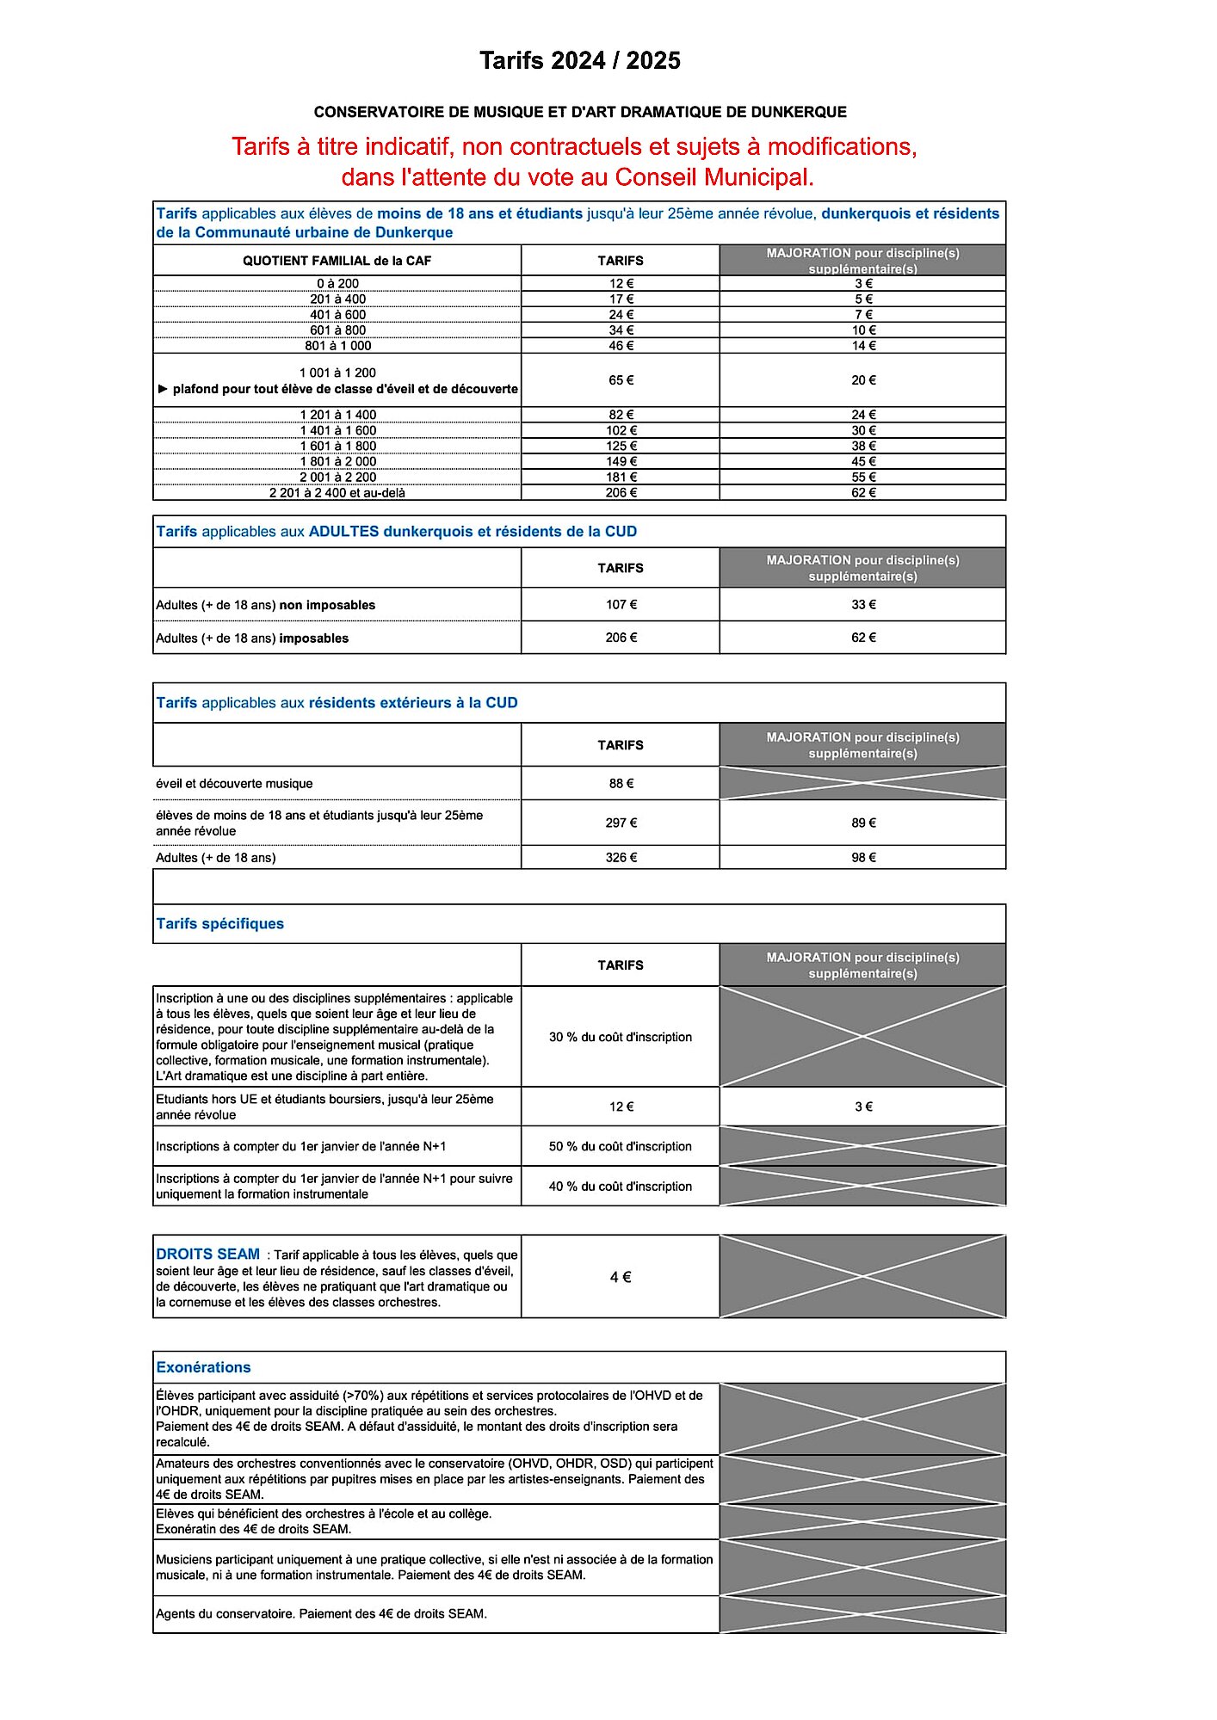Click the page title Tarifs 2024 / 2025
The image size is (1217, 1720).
[x=579, y=60]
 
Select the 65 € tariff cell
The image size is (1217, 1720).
[x=621, y=380]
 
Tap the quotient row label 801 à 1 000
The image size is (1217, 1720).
[x=337, y=346]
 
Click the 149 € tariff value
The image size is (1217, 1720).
[x=621, y=462]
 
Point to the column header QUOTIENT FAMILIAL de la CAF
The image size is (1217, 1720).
[x=337, y=261]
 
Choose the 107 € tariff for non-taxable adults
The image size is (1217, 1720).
[x=621, y=605]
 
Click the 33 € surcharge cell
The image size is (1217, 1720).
[x=863, y=605]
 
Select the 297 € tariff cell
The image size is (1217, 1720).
[x=621, y=823]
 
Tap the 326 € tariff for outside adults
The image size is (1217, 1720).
[x=621, y=858]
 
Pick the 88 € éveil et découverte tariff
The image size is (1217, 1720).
[x=621, y=784]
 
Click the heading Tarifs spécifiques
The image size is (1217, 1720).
[x=219, y=924]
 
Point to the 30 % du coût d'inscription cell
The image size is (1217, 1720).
[x=621, y=1037]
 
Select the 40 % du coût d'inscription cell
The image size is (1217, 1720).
[x=621, y=1187]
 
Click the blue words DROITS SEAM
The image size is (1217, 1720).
[x=207, y=1255]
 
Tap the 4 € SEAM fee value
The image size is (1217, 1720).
[x=621, y=1277]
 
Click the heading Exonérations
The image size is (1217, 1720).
[x=203, y=1367]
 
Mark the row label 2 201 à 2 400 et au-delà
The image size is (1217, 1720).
[x=337, y=493]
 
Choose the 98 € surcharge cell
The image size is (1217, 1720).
[x=863, y=858]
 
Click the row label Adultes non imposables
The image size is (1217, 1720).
[x=265, y=606]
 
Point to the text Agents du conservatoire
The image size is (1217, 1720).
[x=226, y=1614]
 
